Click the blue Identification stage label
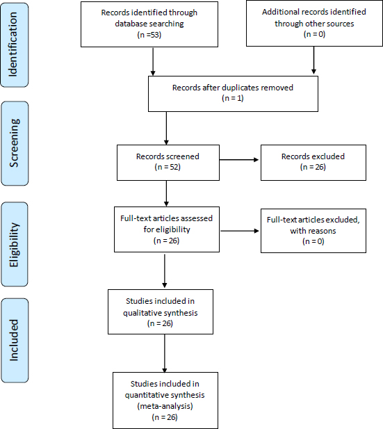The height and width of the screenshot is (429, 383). click(x=15, y=45)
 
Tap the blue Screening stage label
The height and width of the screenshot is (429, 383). click(x=15, y=143)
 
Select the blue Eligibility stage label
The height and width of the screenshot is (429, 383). click(x=15, y=244)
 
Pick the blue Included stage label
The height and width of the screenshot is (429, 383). click(x=15, y=341)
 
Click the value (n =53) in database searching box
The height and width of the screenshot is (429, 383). click(x=149, y=35)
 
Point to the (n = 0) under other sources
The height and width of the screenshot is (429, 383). click(x=314, y=34)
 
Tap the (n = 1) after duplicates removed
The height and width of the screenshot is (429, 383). click(x=233, y=98)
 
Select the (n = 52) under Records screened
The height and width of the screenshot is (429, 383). click(x=168, y=167)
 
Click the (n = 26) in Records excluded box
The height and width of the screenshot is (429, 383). click(x=313, y=167)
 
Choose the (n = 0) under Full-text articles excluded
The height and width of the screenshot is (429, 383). click(x=313, y=241)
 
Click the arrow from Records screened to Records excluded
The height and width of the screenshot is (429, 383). click(x=239, y=160)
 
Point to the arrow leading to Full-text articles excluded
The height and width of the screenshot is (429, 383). click(x=240, y=231)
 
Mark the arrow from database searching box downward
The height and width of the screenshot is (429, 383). click(x=153, y=62)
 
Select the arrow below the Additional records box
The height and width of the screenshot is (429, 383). click(x=313, y=60)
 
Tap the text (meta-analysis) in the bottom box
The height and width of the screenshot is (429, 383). click(x=165, y=406)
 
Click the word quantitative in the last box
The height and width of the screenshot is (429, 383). click(x=145, y=395)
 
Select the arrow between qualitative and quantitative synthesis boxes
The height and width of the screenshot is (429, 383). click(x=165, y=353)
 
